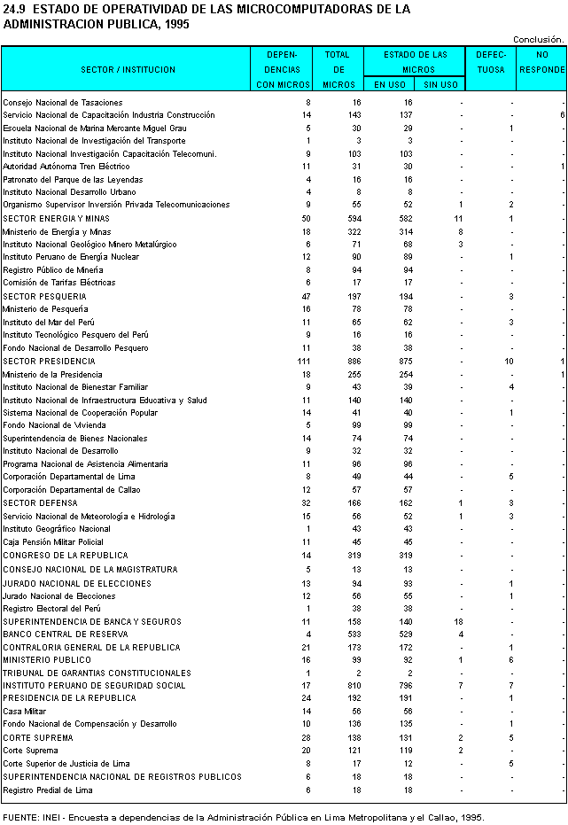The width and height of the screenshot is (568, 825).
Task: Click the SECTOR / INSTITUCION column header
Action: click(128, 69)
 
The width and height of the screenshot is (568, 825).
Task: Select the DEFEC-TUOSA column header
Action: click(491, 62)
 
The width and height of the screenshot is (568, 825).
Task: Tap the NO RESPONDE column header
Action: click(541, 62)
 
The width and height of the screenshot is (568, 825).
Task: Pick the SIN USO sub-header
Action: click(440, 85)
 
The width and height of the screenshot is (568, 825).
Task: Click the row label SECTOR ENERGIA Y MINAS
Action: click(56, 218)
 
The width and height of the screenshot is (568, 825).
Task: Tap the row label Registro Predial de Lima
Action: click(47, 790)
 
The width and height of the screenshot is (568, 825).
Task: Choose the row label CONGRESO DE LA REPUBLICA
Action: click(66, 556)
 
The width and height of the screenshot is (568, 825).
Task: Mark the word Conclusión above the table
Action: click(538, 39)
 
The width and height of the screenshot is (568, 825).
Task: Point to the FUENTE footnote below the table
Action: click(243, 817)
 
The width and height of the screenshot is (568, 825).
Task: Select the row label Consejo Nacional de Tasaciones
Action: click(62, 103)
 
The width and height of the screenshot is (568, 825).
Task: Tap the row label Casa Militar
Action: click(26, 712)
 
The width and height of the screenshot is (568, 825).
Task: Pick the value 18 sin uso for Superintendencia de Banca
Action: click(458, 622)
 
